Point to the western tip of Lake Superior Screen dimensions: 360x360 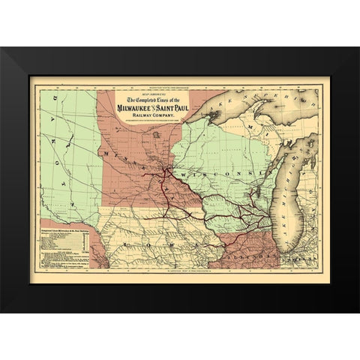pos(187,121)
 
